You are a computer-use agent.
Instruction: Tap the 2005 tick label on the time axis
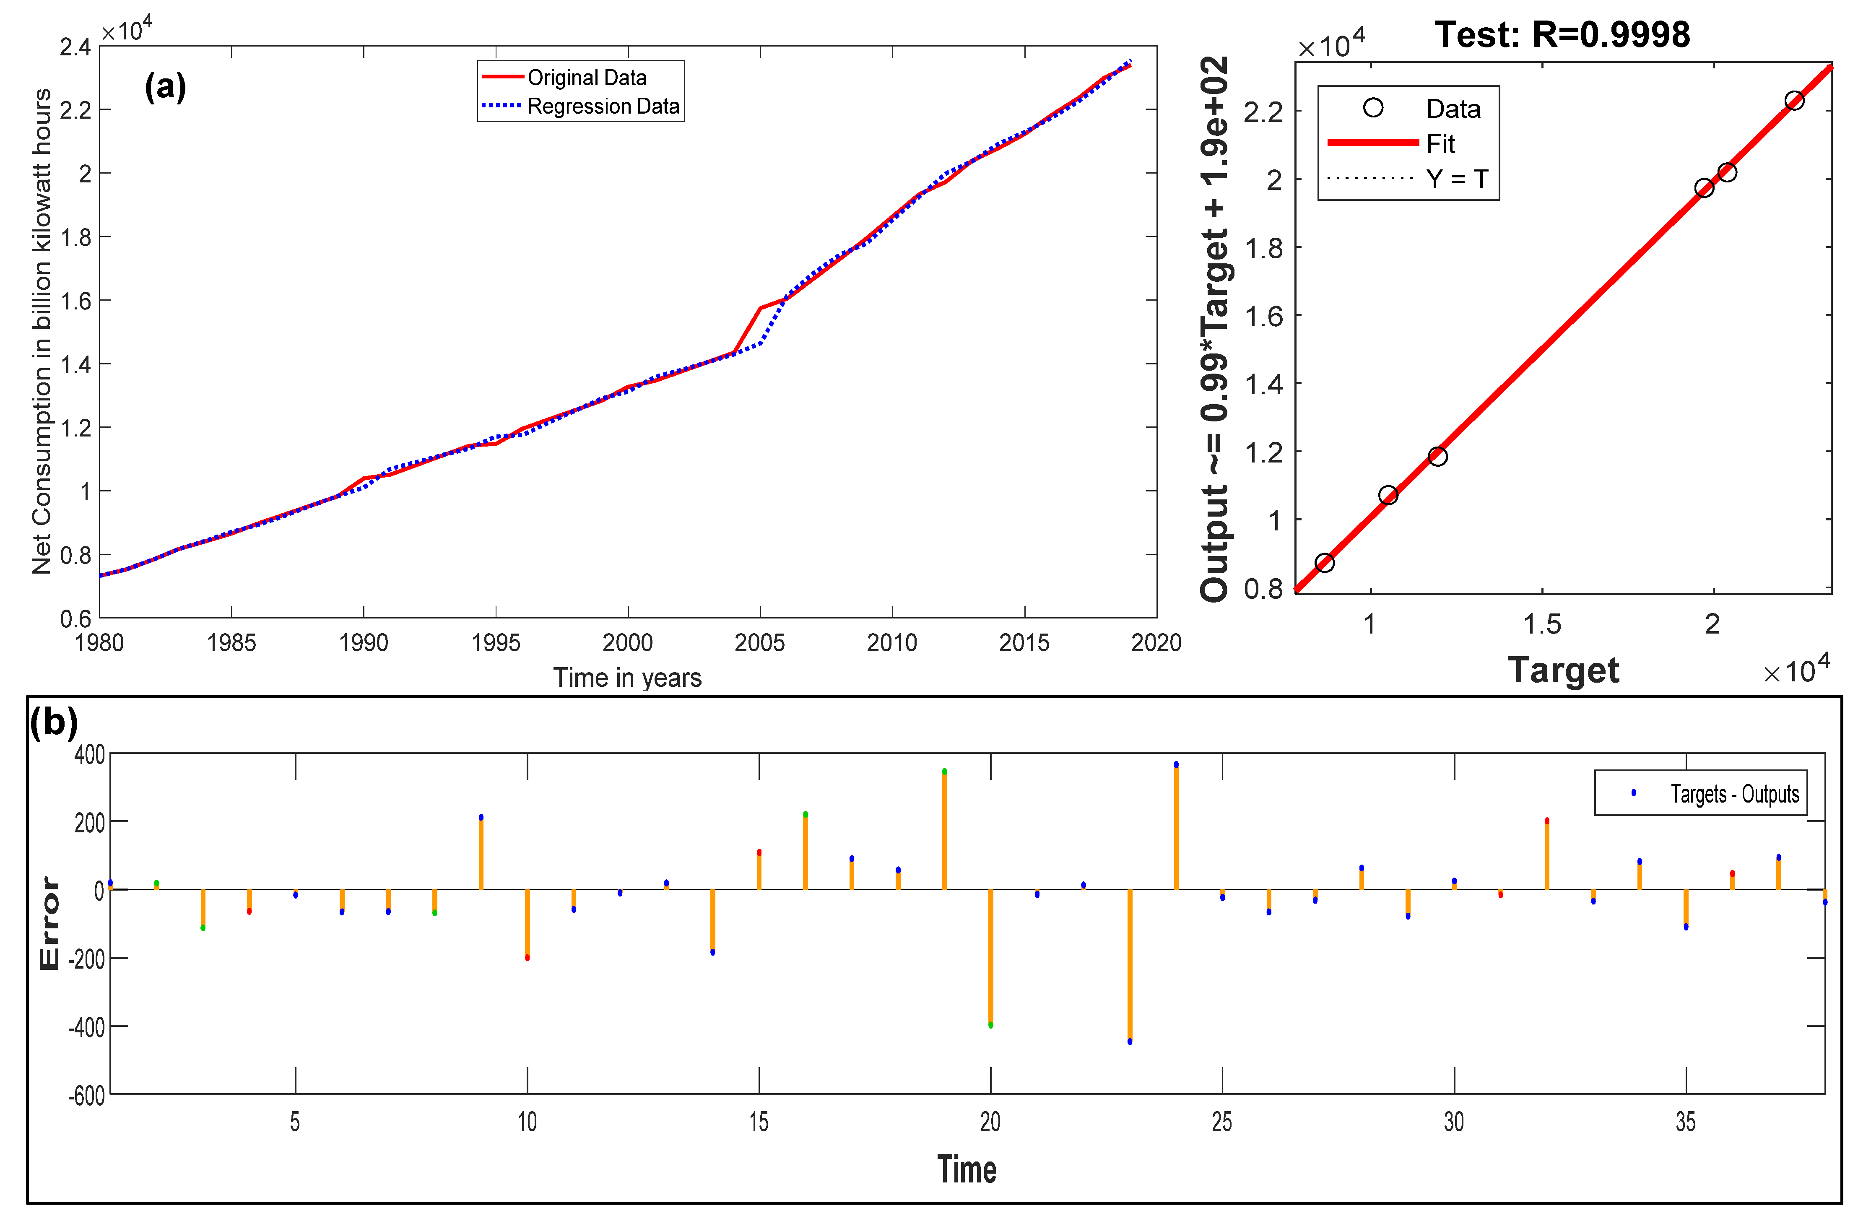759,642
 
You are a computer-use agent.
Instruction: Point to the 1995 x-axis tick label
496,642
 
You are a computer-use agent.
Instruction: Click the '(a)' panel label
166,86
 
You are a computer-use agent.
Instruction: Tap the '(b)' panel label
54,722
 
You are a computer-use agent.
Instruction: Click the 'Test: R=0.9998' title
1562,34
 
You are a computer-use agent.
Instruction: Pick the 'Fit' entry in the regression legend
1440,143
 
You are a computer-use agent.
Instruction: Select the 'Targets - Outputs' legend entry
1735,794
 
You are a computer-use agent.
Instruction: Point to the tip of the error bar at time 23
1130,1041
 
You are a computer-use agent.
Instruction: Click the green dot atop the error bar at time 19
945,771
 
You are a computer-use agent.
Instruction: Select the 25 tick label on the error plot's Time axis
1222,1122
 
